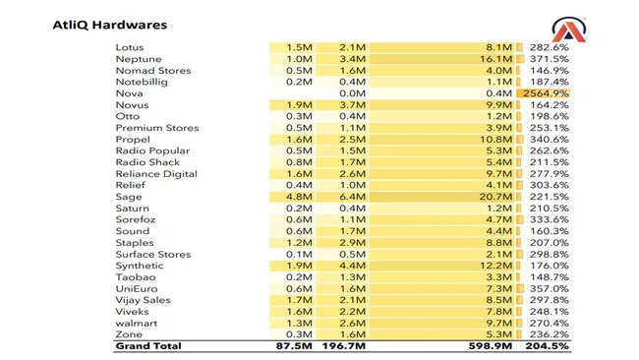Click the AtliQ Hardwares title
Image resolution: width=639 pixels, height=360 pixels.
coord(109,24)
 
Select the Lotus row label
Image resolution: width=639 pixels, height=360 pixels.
coord(130,47)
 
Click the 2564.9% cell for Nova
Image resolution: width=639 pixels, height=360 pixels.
coord(549,93)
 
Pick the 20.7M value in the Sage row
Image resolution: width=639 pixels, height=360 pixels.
coord(496,197)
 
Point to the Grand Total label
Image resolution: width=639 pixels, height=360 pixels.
coord(148,346)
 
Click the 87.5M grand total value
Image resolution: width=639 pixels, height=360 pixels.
coord(295,346)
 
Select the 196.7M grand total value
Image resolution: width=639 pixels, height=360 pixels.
coord(344,346)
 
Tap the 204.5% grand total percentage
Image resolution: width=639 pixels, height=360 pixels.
coord(549,346)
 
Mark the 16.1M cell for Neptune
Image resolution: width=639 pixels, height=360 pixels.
coord(496,59)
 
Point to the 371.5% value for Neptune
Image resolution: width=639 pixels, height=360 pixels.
coord(549,59)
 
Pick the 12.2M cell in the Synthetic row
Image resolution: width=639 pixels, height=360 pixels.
coord(496,266)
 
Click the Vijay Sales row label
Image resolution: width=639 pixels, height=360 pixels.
coord(144,300)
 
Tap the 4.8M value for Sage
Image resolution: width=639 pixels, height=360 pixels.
coord(300,197)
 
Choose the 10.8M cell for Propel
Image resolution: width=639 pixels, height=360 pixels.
coord(496,140)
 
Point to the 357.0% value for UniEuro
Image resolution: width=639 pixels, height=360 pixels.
coord(549,288)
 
